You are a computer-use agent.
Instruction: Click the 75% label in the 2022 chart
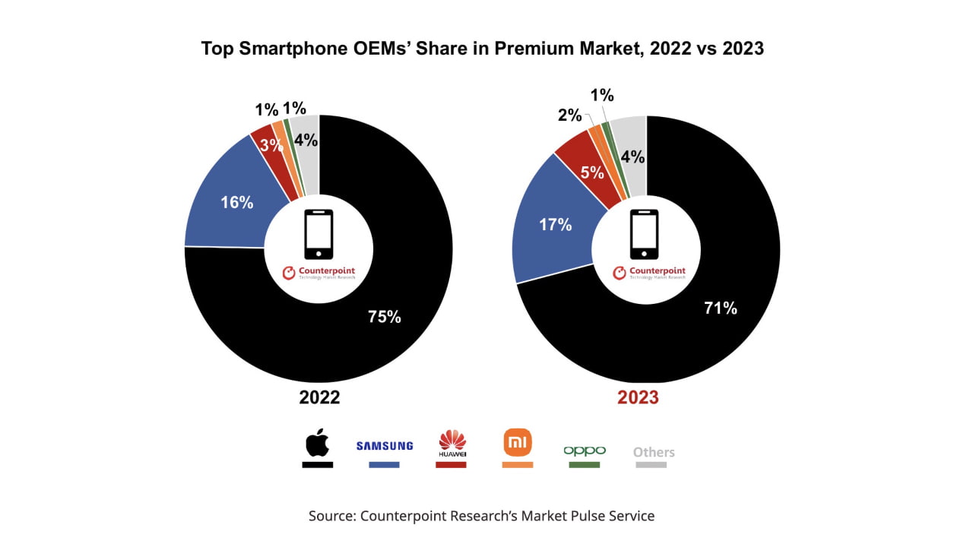[384, 317]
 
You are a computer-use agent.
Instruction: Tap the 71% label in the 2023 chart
[720, 308]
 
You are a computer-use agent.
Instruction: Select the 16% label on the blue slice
[236, 203]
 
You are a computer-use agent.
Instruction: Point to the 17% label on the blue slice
[555, 225]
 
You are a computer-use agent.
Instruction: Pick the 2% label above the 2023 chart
[569, 115]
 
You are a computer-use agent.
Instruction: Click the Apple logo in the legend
[317, 442]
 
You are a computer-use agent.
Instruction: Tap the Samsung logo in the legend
[384, 446]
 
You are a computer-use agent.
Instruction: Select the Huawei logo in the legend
[452, 444]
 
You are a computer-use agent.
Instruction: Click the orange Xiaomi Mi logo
[517, 442]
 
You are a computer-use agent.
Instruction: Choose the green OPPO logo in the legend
[585, 451]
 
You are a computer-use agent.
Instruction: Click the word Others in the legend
[654, 452]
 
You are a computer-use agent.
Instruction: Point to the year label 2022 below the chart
[319, 397]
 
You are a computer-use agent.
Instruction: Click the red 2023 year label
[638, 397]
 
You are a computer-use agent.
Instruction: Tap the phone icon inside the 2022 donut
[319, 234]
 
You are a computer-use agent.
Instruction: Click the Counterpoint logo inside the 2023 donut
[649, 272]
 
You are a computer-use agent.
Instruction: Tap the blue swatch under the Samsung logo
[384, 464]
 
